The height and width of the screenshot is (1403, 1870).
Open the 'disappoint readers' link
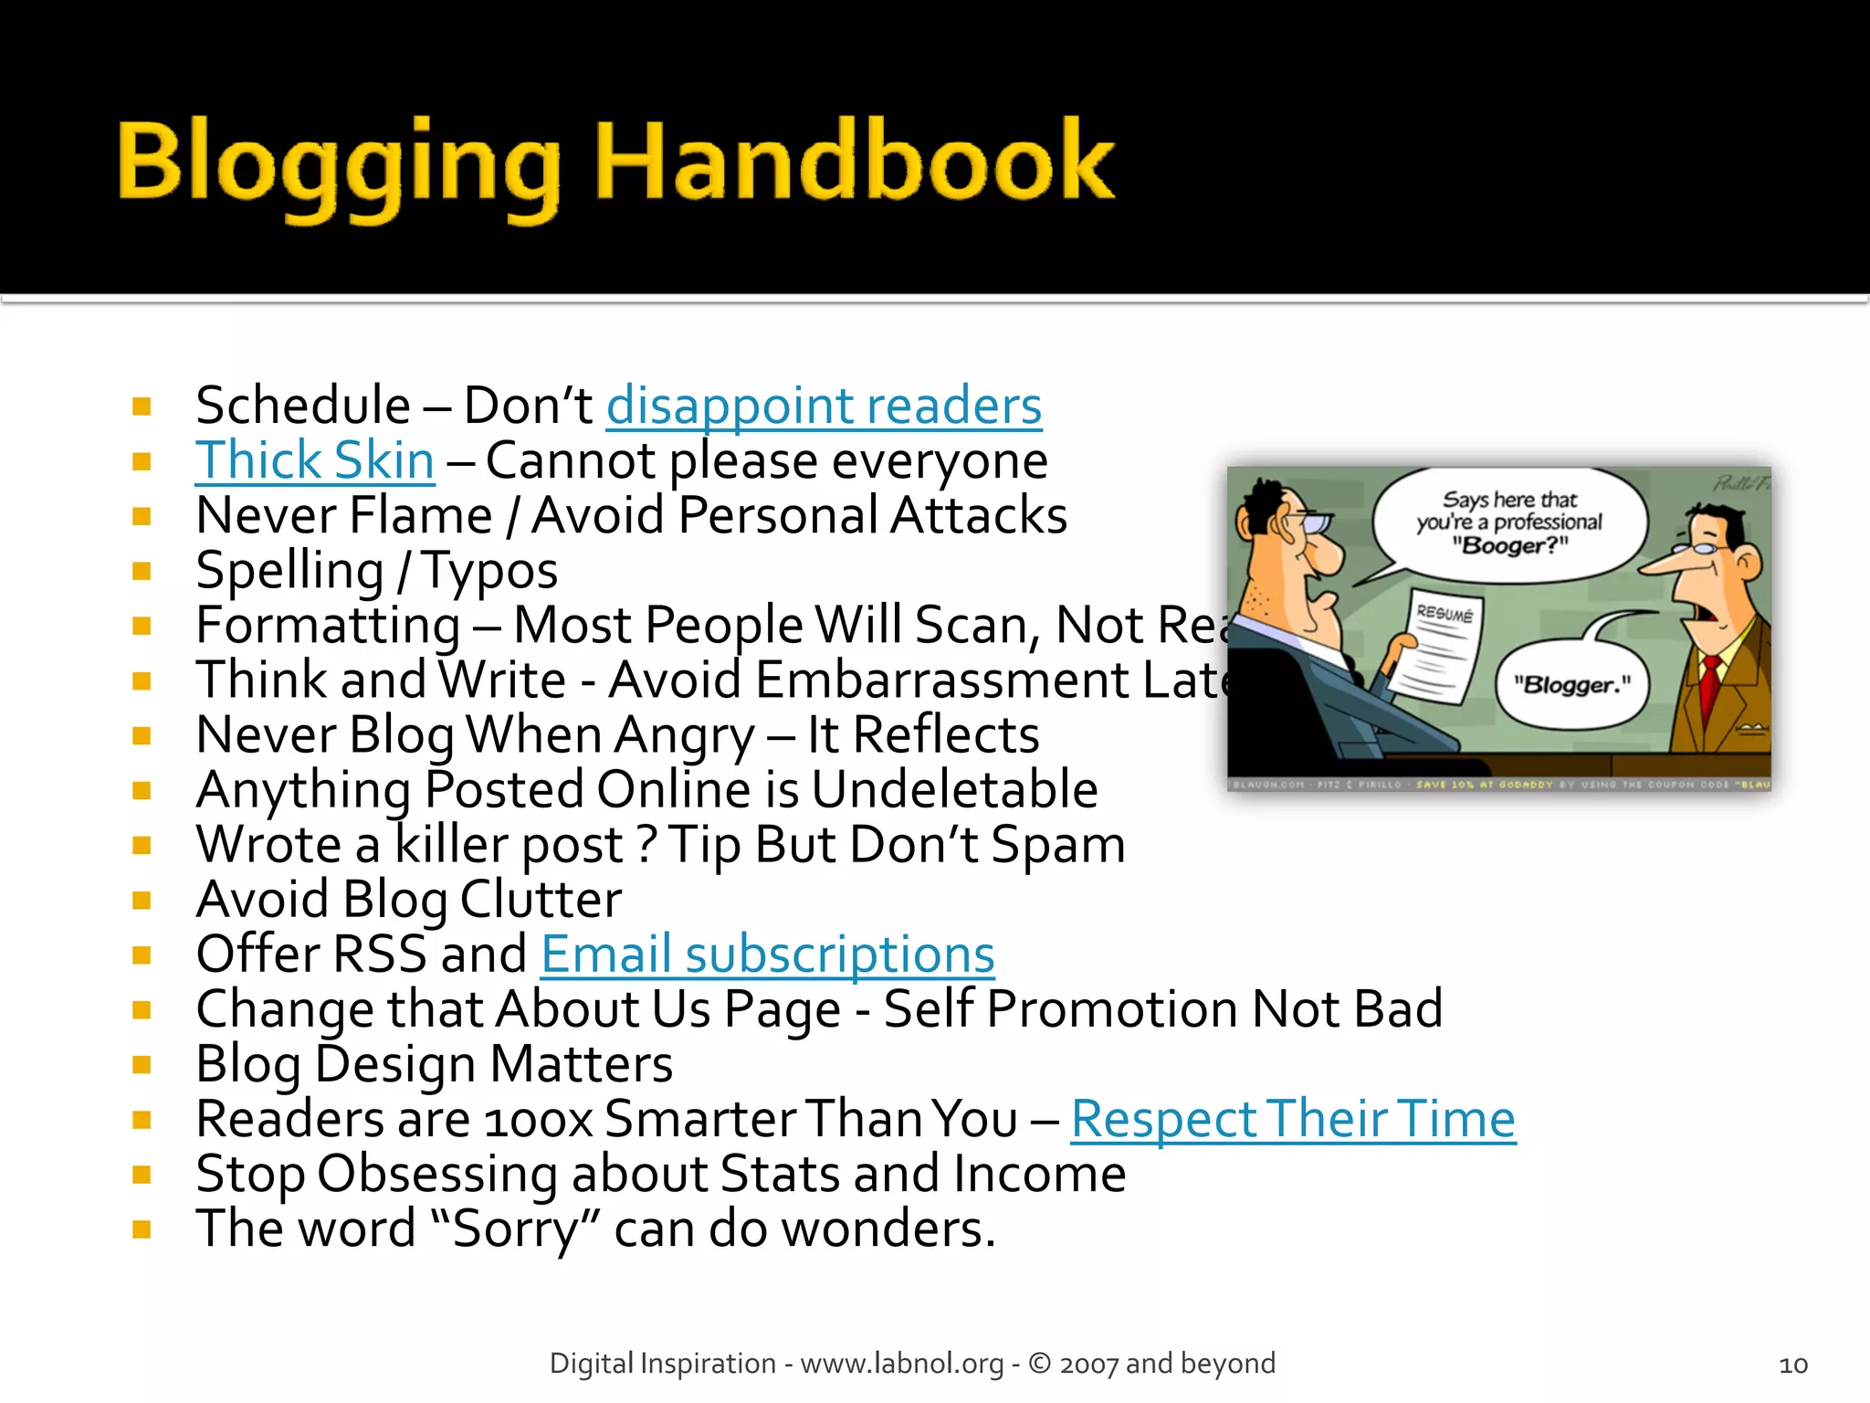824,406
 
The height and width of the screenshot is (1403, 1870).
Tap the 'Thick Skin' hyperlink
315,460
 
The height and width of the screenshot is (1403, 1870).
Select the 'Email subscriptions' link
767,955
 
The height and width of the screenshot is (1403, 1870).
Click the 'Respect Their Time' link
1293,1119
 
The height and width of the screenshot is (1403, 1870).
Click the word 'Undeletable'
954,790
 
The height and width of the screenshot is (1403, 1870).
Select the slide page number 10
1793,1365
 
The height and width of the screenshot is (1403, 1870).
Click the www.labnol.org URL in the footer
901,1364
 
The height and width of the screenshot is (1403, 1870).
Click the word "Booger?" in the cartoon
1510,546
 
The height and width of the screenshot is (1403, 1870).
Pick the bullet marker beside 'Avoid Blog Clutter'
142,901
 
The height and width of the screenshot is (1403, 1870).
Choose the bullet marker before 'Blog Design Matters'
142,1065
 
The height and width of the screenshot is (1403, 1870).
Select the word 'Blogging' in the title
339,164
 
